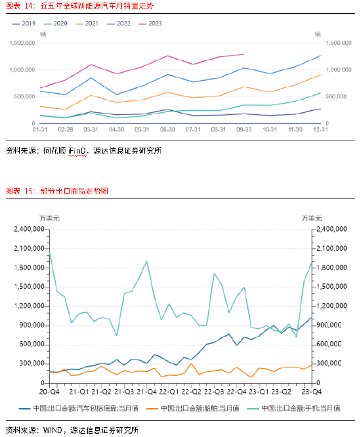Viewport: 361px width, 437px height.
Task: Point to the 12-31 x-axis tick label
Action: [320, 130]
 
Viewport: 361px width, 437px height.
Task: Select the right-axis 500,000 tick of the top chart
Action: [335, 96]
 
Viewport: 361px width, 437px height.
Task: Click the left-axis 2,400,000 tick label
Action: [29, 230]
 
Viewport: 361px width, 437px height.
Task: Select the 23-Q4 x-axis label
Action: [312, 391]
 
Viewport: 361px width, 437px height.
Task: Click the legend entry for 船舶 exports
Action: [200, 408]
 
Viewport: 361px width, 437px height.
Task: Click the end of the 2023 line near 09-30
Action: [244, 54]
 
